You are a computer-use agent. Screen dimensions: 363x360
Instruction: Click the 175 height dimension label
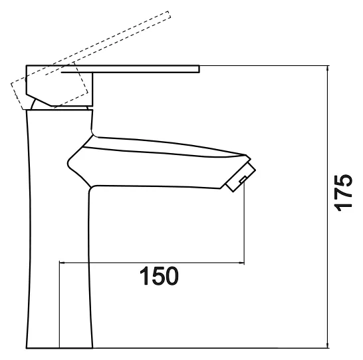coord(343,193)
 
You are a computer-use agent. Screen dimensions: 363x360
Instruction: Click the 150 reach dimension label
coord(160,276)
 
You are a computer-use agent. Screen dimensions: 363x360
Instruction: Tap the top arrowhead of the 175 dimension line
coord(328,69)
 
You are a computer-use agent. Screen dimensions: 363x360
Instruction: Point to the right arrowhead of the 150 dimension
coord(241,263)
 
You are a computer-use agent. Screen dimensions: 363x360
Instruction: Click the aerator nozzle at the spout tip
coord(241,177)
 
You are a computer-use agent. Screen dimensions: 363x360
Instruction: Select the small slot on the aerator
coord(243,179)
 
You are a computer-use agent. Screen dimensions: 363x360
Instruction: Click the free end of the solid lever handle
coord(199,69)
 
